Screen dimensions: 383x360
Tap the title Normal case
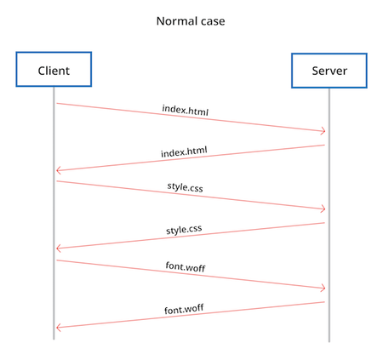[191, 21]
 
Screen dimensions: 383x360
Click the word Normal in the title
[174, 21]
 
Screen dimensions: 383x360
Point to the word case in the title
[210, 22]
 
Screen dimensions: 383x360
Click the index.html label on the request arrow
[186, 110]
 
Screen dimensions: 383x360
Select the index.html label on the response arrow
[184, 151]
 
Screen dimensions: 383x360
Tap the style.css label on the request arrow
[186, 187]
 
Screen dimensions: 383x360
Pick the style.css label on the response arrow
[184, 230]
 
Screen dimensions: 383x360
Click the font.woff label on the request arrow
[186, 266]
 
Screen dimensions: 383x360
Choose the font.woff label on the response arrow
[184, 309]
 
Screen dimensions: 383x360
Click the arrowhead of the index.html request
[324, 131]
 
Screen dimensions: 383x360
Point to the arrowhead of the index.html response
[57, 170]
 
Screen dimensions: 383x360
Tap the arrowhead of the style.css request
[324, 209]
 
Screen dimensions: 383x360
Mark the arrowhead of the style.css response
[57, 249]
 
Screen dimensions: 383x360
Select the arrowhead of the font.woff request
[324, 289]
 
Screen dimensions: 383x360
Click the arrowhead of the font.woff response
[57, 328]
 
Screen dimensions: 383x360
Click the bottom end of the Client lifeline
[54, 340]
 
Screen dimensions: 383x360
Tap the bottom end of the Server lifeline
[329, 341]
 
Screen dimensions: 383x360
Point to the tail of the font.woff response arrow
[324, 302]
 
